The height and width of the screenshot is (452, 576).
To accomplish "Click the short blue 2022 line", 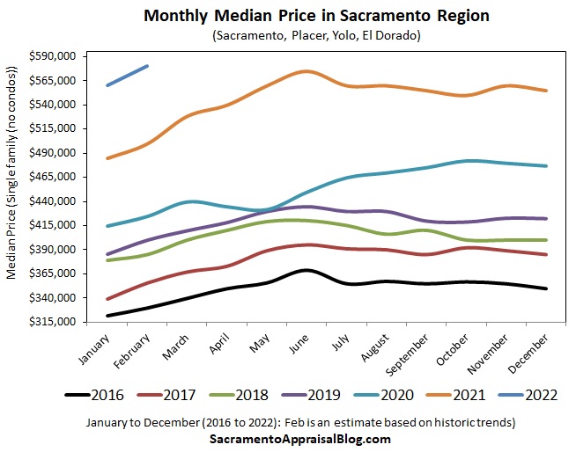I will click(127, 76).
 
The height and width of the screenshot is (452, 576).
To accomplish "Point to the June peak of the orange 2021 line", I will click(305, 71).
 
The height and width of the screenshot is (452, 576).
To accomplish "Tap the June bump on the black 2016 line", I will click(304, 270).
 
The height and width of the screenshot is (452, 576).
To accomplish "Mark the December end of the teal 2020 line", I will click(547, 165).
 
